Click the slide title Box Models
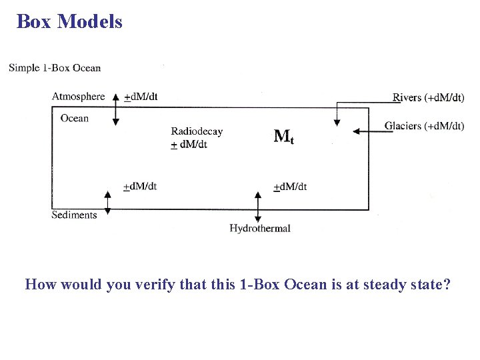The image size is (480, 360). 69,21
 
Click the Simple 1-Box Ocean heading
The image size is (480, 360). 55,67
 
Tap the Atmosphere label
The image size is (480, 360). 79,97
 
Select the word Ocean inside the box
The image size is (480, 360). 74,119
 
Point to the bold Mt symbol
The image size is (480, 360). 284,137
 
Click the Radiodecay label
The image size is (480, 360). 197,131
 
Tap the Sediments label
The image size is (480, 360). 74,215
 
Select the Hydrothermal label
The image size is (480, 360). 260,229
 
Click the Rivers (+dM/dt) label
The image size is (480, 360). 429,97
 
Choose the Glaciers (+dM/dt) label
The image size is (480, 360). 424,126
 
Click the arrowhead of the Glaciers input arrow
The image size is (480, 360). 356,131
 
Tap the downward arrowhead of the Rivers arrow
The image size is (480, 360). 337,122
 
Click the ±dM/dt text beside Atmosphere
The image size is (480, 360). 141,97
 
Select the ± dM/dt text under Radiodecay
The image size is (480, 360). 189,144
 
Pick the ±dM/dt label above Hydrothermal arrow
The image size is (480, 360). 291,187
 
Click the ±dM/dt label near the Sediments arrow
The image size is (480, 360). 140,186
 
